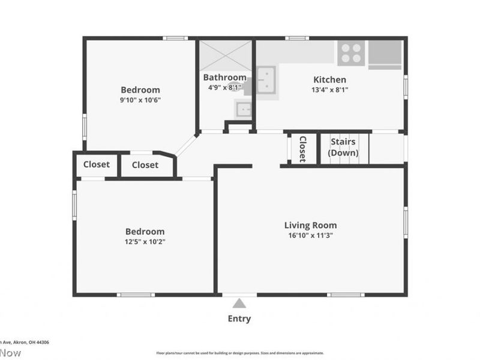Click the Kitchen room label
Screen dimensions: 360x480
[x=329, y=80]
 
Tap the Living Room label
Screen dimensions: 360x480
[x=310, y=226]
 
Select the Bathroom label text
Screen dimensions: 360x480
[x=224, y=77]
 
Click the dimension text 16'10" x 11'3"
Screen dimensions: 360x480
[x=310, y=236]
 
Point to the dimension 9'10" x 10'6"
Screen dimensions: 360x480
[x=140, y=100]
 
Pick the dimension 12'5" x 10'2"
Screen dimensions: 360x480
[x=145, y=242]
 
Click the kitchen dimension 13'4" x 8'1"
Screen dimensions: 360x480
[x=329, y=90]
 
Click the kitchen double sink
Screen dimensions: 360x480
[x=266, y=79]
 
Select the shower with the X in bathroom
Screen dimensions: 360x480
[x=226, y=55]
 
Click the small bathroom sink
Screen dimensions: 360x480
[x=243, y=109]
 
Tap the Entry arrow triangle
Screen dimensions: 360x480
[x=239, y=303]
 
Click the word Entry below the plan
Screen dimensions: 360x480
[x=239, y=319]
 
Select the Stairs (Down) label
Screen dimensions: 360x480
[x=343, y=148]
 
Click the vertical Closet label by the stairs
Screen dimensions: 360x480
[x=302, y=148]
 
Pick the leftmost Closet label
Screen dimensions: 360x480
[x=97, y=164]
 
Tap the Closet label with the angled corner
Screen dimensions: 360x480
[x=145, y=165]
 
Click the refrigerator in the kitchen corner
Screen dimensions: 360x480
[x=385, y=52]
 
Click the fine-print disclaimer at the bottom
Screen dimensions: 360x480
[x=240, y=353]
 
